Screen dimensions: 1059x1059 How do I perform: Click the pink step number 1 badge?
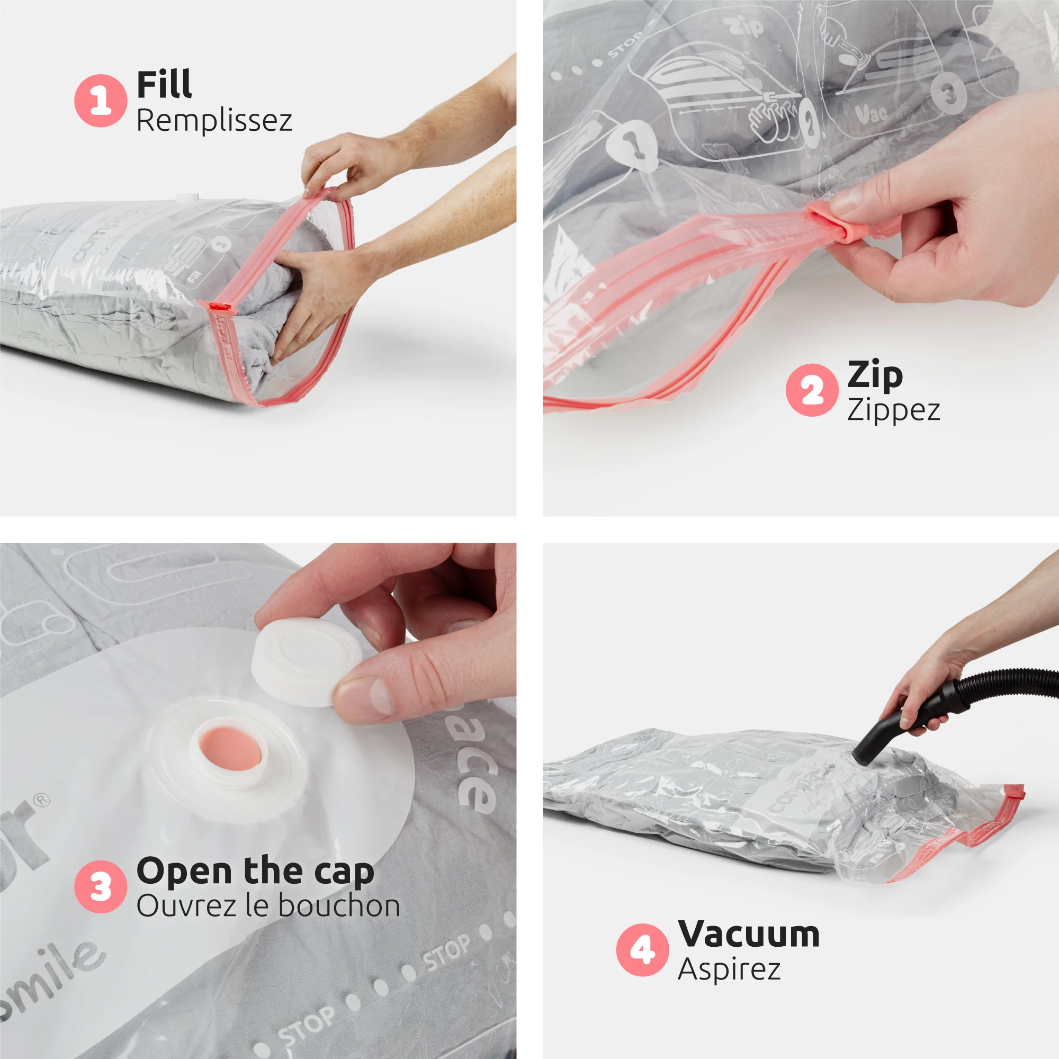click(100, 101)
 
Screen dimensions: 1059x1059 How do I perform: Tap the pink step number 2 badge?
click(812, 390)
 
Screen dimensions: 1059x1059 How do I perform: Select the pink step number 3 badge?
click(100, 886)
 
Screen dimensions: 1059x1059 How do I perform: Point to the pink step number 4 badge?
click(642, 949)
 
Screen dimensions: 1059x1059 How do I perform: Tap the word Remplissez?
click(214, 121)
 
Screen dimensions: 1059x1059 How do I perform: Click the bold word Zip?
click(875, 375)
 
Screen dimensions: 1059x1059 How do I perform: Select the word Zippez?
click(893, 410)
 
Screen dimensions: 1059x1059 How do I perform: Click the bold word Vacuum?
click(749, 934)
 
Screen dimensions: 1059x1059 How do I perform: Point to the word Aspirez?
click(729, 969)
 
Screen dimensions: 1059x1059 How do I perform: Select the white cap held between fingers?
click(306, 663)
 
